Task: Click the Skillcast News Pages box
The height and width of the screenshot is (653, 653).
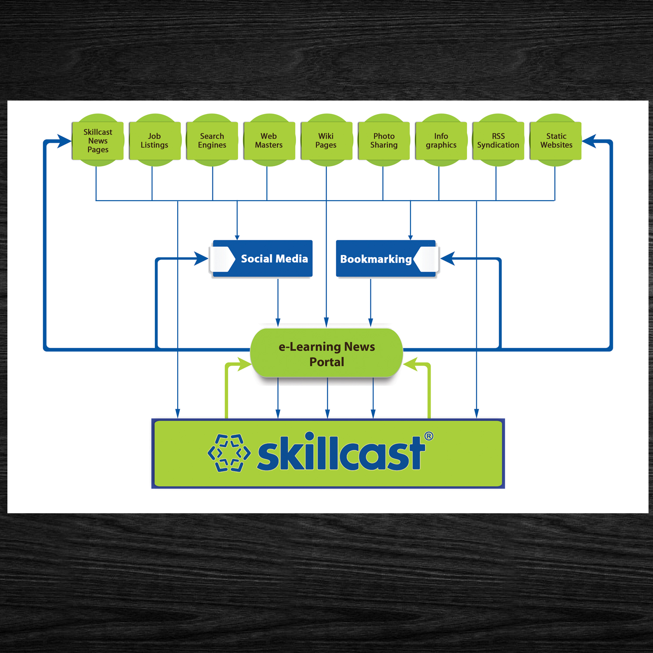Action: pyautogui.click(x=98, y=141)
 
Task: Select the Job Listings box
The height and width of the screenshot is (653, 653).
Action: pyautogui.click(x=155, y=141)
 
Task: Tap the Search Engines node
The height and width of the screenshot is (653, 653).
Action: pyautogui.click(x=212, y=141)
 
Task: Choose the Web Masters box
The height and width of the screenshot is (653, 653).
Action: pyautogui.click(x=269, y=141)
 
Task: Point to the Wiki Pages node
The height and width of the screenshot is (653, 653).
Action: pyautogui.click(x=326, y=141)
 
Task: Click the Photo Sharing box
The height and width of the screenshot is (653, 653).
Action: pyautogui.click(x=384, y=141)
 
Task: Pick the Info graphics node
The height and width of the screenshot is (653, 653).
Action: pyautogui.click(x=441, y=141)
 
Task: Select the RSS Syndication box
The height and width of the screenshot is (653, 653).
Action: pyautogui.click(x=498, y=141)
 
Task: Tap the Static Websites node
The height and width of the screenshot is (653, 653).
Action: pyautogui.click(x=556, y=141)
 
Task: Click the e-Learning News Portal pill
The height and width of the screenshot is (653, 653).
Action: pyautogui.click(x=326, y=353)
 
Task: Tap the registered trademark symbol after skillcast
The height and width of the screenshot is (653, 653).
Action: pyautogui.click(x=429, y=436)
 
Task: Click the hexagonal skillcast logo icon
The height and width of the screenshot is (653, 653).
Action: pyautogui.click(x=229, y=453)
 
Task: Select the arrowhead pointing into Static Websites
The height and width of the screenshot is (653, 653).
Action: pyautogui.click(x=588, y=141)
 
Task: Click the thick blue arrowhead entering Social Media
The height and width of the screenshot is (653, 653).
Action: pyautogui.click(x=202, y=259)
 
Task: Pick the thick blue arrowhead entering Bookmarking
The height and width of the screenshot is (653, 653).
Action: pyautogui.click(x=447, y=259)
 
